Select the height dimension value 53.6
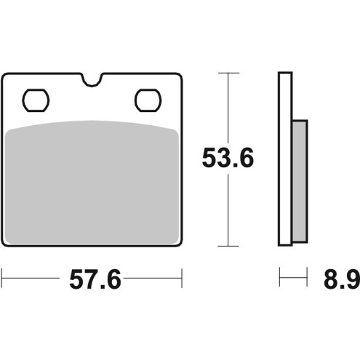(x=229, y=158)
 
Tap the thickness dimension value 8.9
(x=339, y=279)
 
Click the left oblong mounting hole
(x=35, y=99)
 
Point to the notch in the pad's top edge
(x=92, y=79)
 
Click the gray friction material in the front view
(x=92, y=182)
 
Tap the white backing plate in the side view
(x=284, y=160)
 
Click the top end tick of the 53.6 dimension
(x=229, y=73)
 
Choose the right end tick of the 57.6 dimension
(x=180, y=277)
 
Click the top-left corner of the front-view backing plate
(x=6, y=76)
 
